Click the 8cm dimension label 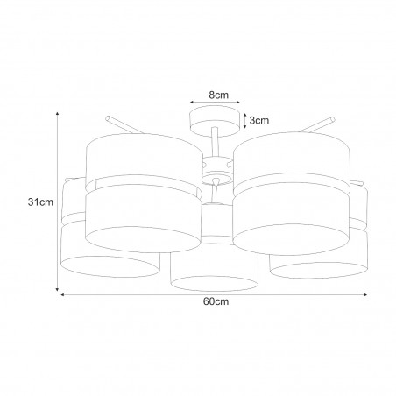[x=218, y=95]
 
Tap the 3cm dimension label [x=259, y=120]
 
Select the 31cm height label [x=40, y=202]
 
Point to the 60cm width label [x=216, y=301]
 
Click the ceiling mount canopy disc [x=214, y=121]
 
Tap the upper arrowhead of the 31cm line [x=58, y=114]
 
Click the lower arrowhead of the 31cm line [x=58, y=289]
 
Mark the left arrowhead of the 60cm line [x=63, y=295]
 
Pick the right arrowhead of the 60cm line [x=365, y=295]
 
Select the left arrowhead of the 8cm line [x=192, y=103]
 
